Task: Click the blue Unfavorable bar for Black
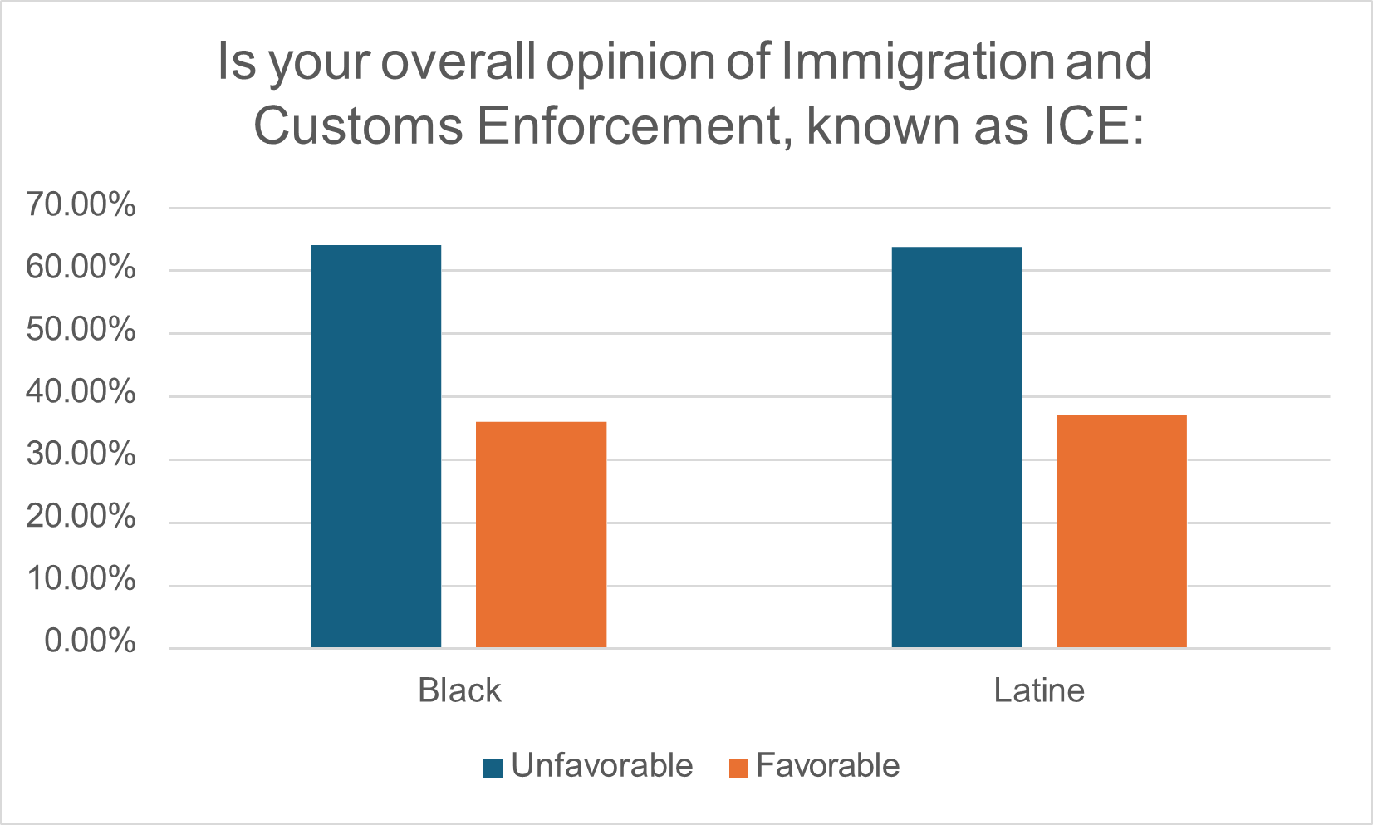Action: [376, 446]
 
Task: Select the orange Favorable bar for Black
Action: [542, 534]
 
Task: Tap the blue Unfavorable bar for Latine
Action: [956, 447]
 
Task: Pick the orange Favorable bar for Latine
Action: [1121, 531]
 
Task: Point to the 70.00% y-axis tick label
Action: [81, 204]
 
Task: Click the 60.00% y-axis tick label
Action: [81, 268]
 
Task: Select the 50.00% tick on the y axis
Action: [81, 330]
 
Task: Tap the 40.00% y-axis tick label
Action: [81, 392]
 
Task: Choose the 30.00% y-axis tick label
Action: [81, 455]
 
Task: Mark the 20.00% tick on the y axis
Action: [81, 518]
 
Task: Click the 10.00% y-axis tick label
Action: [81, 580]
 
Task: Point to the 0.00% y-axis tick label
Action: [90, 641]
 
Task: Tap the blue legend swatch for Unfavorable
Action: [493, 768]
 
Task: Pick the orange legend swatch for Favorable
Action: [738, 768]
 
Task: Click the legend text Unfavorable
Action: [601, 766]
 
